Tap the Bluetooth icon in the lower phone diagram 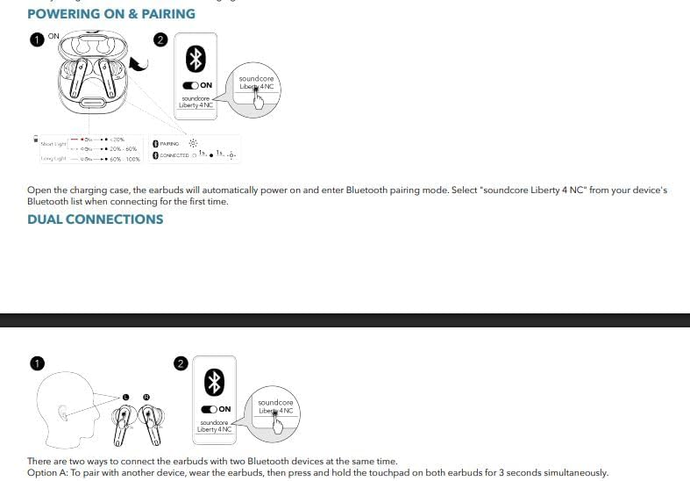(x=215, y=382)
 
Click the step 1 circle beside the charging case (x=37, y=39)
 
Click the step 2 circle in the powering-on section (x=160, y=39)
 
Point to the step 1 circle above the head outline (x=36, y=363)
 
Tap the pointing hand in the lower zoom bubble (x=278, y=421)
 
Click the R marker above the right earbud (x=146, y=397)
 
